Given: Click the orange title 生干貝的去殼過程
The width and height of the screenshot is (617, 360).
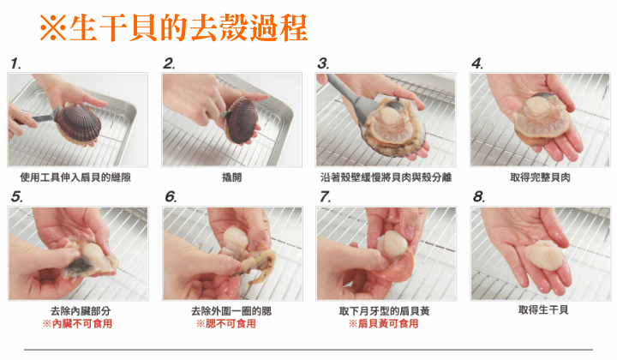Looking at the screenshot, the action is (x=189, y=28).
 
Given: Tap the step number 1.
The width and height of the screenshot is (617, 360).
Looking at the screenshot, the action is (x=15, y=63).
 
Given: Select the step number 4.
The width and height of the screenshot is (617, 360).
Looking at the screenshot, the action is (x=477, y=63).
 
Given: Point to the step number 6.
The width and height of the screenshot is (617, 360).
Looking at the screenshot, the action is (x=171, y=196).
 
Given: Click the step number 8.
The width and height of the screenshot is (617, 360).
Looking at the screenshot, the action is (x=478, y=196).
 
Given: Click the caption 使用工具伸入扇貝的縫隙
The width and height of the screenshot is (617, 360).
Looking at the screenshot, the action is (x=75, y=177).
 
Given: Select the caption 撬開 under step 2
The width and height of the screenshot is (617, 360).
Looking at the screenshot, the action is (x=231, y=177).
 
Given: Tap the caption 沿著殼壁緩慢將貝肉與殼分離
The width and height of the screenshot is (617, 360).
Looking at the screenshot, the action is (x=386, y=177).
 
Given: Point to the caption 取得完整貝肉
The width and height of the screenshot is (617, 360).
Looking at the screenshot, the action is (x=540, y=177).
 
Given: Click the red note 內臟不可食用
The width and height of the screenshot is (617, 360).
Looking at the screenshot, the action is (x=77, y=324).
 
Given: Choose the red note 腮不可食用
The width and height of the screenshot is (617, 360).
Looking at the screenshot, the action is (x=226, y=324).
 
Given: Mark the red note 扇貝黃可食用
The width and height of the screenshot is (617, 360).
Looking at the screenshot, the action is (x=384, y=324).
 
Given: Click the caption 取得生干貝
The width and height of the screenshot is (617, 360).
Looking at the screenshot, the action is (x=543, y=310).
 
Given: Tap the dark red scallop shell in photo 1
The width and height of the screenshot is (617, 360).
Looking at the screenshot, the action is (x=78, y=123).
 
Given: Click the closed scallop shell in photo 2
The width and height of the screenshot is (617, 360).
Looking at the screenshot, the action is (x=241, y=120).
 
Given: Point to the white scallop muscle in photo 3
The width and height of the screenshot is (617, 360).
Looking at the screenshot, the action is (x=389, y=116).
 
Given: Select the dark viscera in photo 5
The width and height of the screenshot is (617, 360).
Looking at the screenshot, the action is (x=79, y=267).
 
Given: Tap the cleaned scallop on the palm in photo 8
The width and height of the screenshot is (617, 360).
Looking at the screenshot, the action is (x=545, y=255).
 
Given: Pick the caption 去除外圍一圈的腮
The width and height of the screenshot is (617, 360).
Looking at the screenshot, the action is (x=231, y=311).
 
